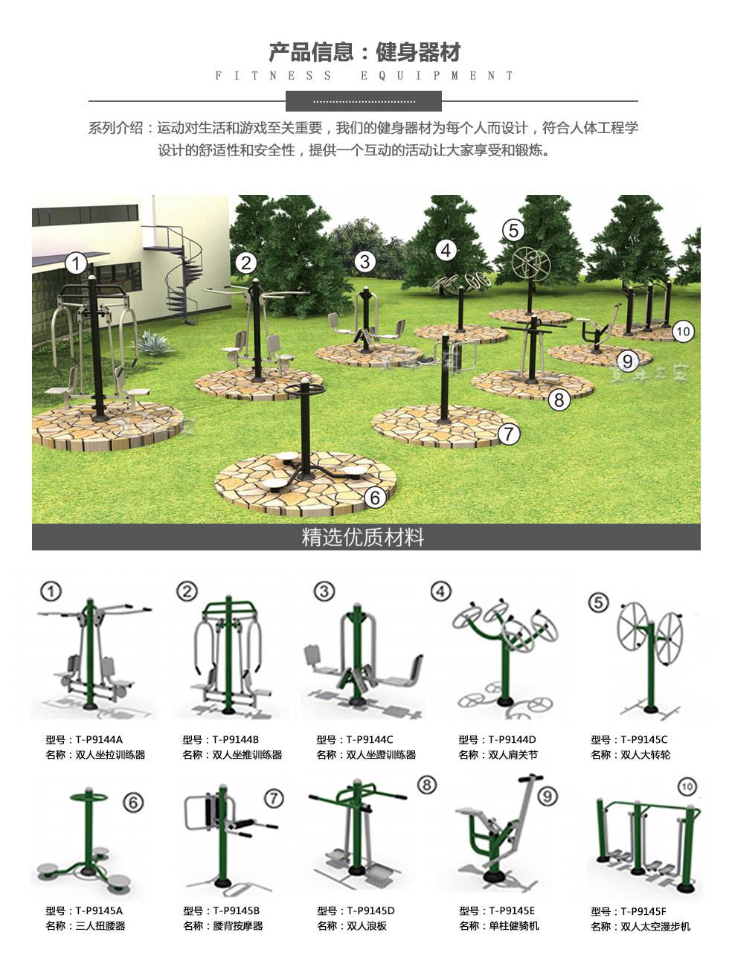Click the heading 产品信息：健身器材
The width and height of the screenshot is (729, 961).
tap(364, 52)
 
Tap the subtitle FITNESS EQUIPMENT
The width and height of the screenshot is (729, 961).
tap(364, 75)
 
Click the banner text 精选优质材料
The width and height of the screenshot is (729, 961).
tap(363, 536)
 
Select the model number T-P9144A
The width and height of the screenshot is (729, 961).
tap(98, 739)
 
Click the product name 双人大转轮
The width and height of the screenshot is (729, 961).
tap(645, 755)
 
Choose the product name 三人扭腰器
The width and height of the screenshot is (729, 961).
tap(100, 926)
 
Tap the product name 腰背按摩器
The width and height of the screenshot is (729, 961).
tap(238, 926)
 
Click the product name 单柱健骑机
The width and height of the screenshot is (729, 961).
tap(514, 926)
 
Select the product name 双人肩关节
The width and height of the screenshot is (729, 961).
tap(513, 755)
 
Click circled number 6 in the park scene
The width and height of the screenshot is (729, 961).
tap(375, 496)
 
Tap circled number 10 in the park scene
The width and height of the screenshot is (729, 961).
tap(682, 331)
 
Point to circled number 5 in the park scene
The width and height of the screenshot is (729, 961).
tap(513, 231)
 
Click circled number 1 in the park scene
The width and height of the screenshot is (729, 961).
tap(76, 263)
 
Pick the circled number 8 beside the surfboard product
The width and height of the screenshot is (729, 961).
tap(426, 785)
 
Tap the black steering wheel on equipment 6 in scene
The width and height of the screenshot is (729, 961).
tap(304, 390)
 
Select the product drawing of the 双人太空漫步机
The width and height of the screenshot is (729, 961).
tap(644, 844)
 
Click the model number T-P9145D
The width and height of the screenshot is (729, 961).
tap(370, 910)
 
